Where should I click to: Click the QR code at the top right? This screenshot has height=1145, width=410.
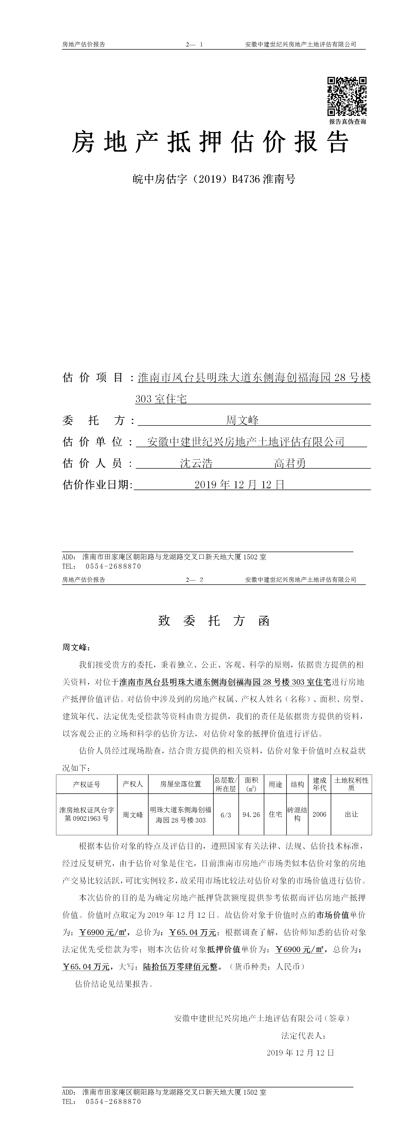click(347, 96)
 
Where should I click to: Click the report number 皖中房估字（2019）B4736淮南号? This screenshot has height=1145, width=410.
click(214, 179)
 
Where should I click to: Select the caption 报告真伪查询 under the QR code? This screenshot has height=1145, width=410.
click(347, 122)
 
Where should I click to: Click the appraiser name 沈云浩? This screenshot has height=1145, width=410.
click(196, 463)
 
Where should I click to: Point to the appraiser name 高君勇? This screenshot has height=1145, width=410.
click(290, 463)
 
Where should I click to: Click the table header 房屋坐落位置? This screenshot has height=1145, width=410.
click(181, 784)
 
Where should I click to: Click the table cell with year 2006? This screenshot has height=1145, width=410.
click(319, 814)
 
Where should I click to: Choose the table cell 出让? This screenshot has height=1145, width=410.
click(351, 814)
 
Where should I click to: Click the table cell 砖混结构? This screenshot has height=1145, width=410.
click(297, 814)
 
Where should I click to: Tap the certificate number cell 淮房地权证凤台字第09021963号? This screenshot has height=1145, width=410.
click(87, 814)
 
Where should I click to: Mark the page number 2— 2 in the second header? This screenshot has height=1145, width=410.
click(194, 580)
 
